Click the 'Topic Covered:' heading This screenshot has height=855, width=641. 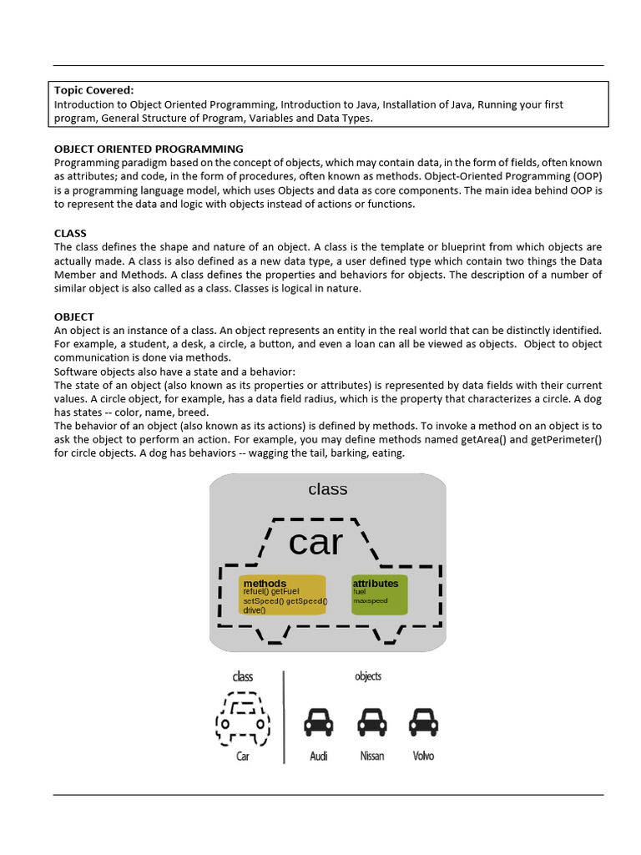[93, 90]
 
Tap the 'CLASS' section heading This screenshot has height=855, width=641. [70, 233]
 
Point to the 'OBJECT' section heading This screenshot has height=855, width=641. [74, 317]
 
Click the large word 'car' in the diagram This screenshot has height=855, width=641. [315, 543]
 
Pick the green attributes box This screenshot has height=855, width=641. [380, 594]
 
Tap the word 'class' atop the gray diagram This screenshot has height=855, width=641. [327, 489]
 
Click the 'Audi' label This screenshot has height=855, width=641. [319, 756]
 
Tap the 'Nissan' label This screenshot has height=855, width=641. [371, 756]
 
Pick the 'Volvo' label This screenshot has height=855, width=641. [423, 756]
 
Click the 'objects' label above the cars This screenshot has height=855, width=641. [368, 676]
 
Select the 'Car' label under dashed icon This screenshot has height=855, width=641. [243, 756]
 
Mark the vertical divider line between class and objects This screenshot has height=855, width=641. [284, 716]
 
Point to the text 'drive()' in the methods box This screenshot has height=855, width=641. [255, 610]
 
